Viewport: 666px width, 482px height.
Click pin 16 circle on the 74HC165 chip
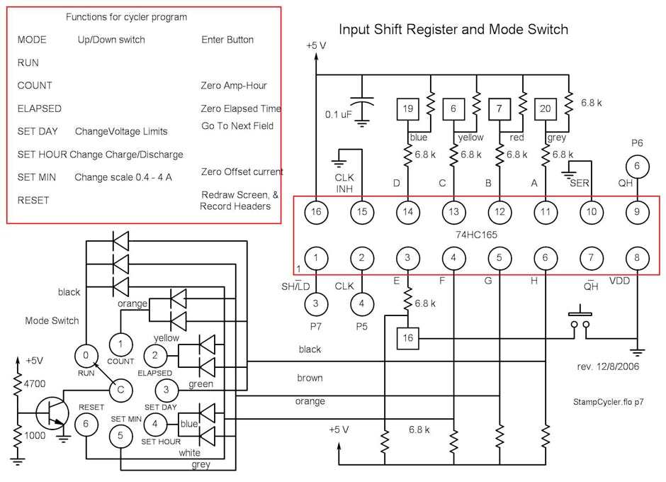click(316, 211)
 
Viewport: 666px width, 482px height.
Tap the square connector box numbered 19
click(407, 108)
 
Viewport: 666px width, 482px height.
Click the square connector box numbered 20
click(546, 108)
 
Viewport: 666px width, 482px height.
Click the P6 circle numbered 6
click(637, 166)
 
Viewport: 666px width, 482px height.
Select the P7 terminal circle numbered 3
click(316, 303)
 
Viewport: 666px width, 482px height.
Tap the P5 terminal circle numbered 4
click(362, 303)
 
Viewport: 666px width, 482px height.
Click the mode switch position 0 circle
click(86, 355)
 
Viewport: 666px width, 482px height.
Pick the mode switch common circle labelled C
click(121, 389)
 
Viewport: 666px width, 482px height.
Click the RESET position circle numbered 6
click(86, 423)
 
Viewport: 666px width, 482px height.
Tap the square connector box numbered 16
click(408, 338)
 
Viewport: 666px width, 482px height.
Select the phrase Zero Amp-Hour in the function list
click(234, 86)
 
